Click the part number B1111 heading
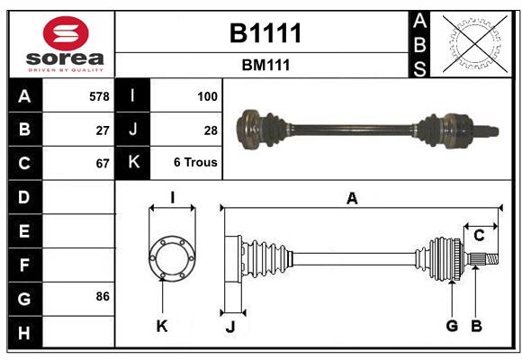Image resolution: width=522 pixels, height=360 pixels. (x=265, y=33)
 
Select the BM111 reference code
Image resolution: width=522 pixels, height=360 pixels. (x=265, y=65)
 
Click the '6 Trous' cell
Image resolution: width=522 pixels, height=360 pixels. (x=195, y=164)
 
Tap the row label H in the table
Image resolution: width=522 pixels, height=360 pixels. (x=24, y=333)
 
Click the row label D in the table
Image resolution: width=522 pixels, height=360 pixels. (x=24, y=196)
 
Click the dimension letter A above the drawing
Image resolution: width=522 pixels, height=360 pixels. (x=352, y=198)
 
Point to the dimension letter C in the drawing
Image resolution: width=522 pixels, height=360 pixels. (x=479, y=236)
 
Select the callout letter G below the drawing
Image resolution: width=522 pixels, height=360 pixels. (x=452, y=326)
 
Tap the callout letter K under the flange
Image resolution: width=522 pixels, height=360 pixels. (x=162, y=326)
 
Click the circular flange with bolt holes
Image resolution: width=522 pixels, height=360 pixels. (x=171, y=258)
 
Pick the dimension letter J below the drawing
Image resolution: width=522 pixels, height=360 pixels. (x=229, y=327)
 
